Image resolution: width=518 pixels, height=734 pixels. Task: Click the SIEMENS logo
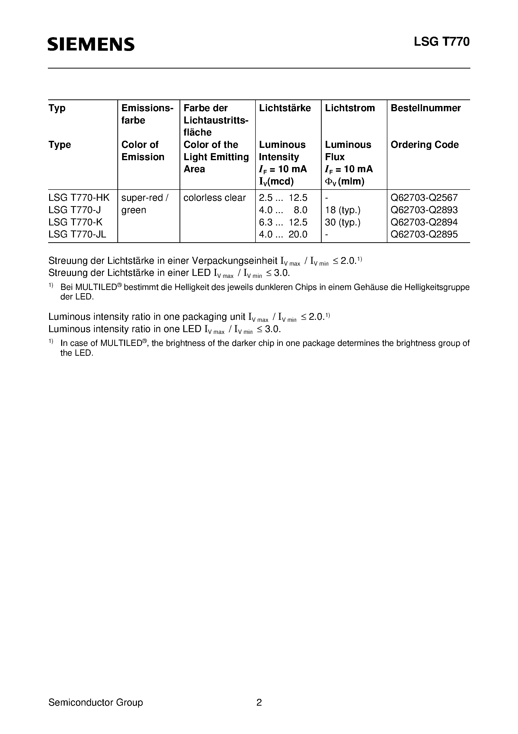[x=91, y=44]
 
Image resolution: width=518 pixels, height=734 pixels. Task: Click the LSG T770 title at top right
[x=442, y=42]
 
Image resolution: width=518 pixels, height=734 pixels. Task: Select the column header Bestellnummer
[x=425, y=108]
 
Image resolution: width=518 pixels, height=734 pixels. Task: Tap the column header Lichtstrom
[x=350, y=108]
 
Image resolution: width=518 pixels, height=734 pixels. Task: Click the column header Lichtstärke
[x=285, y=108]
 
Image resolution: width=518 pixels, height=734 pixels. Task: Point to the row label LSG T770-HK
[x=79, y=198]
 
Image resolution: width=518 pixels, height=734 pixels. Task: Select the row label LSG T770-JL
[x=77, y=234]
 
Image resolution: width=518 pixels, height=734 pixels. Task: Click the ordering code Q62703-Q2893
[x=424, y=210]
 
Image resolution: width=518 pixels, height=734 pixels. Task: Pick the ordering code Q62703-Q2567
[x=424, y=198]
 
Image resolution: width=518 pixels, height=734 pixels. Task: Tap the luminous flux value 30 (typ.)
[x=343, y=222]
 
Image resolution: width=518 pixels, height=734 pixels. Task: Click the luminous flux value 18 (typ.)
[x=343, y=210]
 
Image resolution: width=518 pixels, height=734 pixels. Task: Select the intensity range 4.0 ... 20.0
[x=283, y=234]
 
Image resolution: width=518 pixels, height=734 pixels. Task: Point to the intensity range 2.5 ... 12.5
[x=283, y=198]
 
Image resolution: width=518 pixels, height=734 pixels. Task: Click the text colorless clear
[x=215, y=198]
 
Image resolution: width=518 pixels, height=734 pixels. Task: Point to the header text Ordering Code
[x=424, y=145]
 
